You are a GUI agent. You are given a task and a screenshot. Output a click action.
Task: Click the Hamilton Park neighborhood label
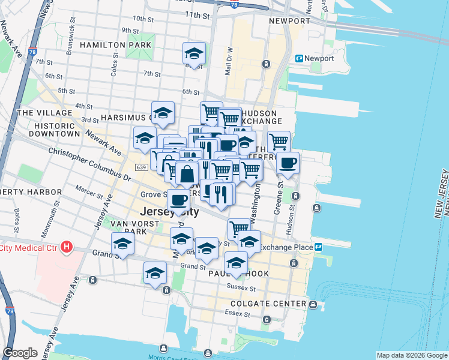point(111,45)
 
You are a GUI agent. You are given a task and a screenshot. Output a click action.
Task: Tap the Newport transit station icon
point(299,58)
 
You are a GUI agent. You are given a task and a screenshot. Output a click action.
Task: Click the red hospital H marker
point(67,247)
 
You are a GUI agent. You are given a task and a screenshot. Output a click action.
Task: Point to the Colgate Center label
point(260,304)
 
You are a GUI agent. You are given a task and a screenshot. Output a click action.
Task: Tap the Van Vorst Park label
point(127,227)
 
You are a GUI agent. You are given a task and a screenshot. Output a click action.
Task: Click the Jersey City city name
point(169,212)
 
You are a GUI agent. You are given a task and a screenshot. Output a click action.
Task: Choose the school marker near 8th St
point(194,53)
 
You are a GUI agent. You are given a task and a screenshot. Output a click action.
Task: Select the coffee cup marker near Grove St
point(178,199)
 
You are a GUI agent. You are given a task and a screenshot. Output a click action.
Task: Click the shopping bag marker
point(187,173)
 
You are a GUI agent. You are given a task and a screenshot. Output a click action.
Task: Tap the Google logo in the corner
point(20,353)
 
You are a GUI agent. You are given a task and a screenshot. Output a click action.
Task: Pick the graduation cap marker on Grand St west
point(122,244)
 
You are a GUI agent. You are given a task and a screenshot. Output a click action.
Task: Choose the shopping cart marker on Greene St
point(279,142)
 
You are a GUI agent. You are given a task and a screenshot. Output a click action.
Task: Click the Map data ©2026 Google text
point(411,355)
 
